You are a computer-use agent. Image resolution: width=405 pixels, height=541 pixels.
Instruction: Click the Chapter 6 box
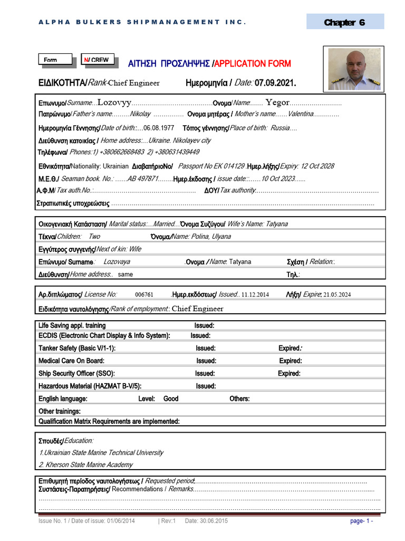(345, 22)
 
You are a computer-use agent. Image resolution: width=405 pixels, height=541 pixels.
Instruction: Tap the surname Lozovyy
(114, 102)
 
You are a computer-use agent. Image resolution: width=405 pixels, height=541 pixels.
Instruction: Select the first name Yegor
(277, 102)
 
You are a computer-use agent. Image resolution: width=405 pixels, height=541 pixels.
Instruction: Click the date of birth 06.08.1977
(159, 128)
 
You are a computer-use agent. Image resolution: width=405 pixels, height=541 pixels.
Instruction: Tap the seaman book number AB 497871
(139, 179)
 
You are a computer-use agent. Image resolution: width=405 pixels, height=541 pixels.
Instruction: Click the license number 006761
(144, 295)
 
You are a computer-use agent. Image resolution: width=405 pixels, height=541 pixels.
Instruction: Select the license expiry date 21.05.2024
(337, 295)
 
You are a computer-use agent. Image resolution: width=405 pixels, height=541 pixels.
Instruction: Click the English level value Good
(171, 399)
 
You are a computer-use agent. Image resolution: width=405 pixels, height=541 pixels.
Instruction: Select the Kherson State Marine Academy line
(86, 465)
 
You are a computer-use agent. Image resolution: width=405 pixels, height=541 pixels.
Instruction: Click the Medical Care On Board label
(71, 361)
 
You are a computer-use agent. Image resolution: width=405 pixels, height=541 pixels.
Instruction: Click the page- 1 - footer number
(362, 521)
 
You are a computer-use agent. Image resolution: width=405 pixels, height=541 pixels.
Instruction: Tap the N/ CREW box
(100, 60)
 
